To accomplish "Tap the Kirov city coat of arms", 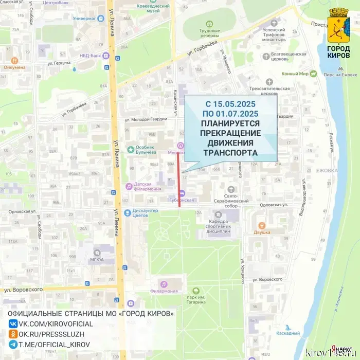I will click(338, 26).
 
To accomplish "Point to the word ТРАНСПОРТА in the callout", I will click(230, 153).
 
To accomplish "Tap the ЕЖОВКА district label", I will click(327, 170).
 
